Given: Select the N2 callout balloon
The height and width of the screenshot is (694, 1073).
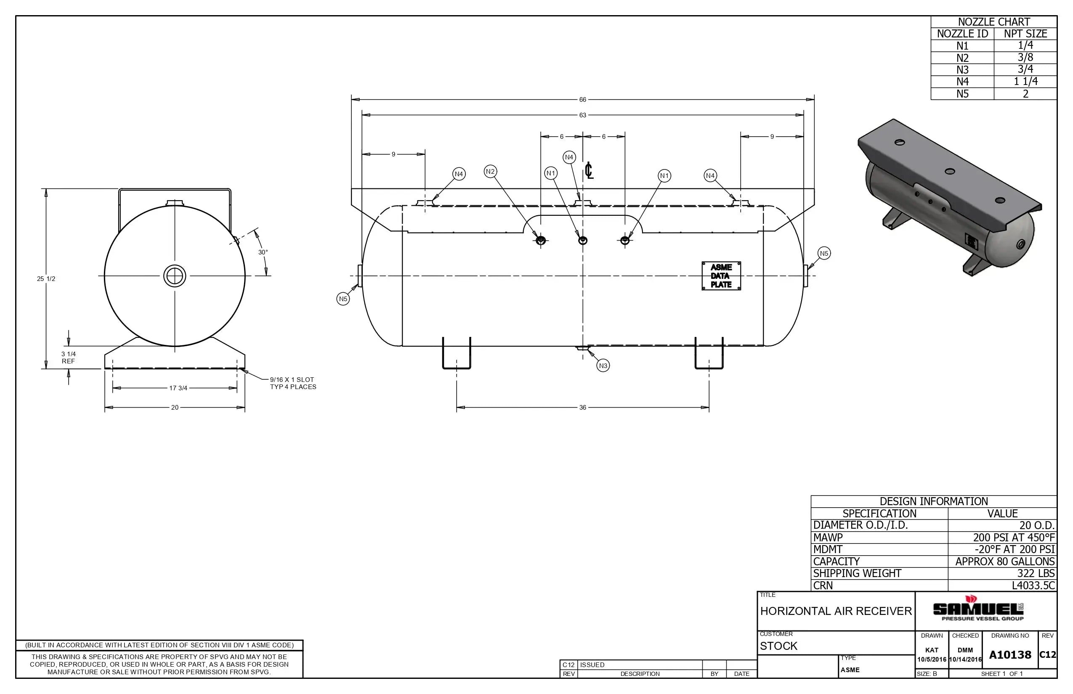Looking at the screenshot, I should click(x=490, y=171).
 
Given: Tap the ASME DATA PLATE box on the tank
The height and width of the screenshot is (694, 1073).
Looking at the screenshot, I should click(x=721, y=276).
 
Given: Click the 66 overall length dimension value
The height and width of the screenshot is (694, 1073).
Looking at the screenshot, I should click(x=582, y=100).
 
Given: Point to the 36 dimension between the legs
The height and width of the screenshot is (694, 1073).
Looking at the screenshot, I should click(x=582, y=408).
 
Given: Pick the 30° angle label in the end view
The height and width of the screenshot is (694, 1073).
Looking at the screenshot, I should click(x=263, y=252).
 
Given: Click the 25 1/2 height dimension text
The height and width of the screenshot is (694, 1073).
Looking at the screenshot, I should click(x=46, y=279).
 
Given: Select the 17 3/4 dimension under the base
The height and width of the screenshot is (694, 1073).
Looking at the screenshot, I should click(x=178, y=388).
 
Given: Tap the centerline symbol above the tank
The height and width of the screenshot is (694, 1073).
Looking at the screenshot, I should click(x=589, y=171).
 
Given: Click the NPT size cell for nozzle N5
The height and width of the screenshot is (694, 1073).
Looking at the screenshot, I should click(x=1025, y=94).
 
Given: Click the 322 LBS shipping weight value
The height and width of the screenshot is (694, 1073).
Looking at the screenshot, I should click(x=1036, y=573).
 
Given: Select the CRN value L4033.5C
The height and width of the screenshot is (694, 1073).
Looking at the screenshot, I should click(x=1033, y=585).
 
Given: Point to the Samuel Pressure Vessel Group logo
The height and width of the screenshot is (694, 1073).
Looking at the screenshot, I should click(x=977, y=610).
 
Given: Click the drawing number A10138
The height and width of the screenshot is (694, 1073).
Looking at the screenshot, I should click(x=1010, y=655).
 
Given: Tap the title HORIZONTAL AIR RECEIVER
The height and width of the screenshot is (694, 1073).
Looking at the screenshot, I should click(x=836, y=611).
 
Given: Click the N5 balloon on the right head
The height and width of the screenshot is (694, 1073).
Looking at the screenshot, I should click(x=824, y=253).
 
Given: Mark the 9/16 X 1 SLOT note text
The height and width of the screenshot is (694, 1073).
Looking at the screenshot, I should click(x=292, y=380).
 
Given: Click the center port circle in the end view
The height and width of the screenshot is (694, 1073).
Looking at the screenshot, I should click(x=175, y=276).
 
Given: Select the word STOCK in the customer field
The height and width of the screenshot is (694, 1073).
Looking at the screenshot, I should click(x=778, y=646).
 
